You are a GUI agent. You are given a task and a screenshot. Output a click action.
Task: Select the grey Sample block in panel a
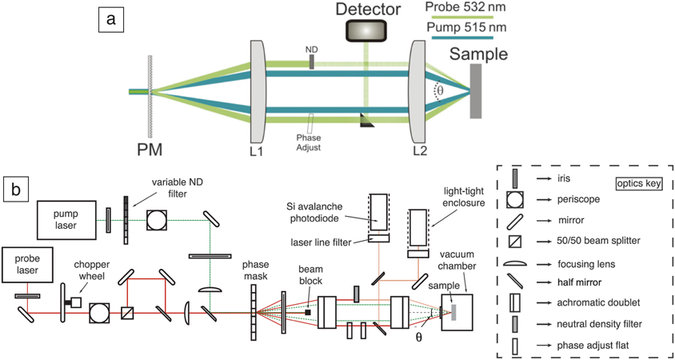(477, 91)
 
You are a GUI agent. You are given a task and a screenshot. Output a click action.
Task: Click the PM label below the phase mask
(149, 149)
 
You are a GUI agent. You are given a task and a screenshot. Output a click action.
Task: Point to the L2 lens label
(421, 150)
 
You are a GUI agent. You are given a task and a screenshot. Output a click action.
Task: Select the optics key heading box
(635, 183)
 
